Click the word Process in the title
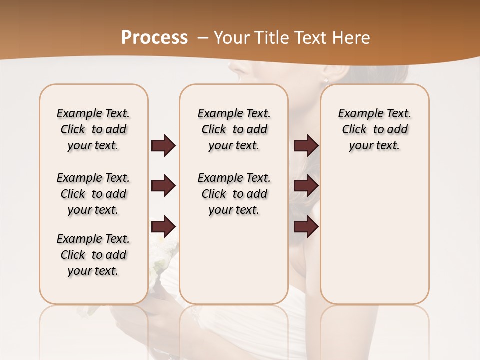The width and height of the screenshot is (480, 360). tap(154, 37)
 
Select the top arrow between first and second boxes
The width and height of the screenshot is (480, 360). tap(163, 146)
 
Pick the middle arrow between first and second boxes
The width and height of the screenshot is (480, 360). tap(163, 186)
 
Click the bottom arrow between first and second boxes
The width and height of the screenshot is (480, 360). tap(163, 227)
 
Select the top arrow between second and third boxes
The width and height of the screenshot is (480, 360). tap(306, 146)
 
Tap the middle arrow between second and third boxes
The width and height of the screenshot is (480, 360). tap(306, 186)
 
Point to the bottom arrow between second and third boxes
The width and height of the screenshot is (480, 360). tap(306, 227)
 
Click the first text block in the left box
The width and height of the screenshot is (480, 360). tap(93, 129)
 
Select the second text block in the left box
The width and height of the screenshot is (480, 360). tap(93, 194)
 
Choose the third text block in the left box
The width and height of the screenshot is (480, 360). tap(93, 255)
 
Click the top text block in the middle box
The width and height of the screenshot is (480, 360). tap(234, 129)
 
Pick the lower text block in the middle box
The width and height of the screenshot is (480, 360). tap(234, 194)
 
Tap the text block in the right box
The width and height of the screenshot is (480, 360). tap(374, 129)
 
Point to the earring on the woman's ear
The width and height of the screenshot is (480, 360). tap(326, 80)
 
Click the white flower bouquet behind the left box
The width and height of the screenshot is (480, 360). tap(163, 255)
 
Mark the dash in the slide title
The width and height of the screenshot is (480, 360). tap(203, 38)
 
